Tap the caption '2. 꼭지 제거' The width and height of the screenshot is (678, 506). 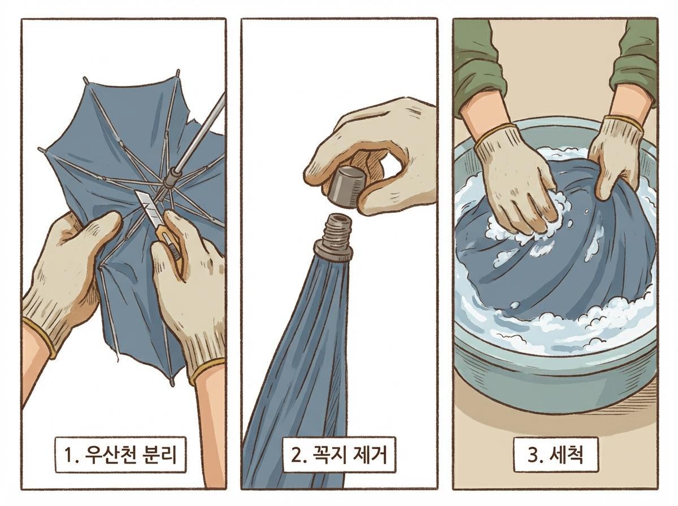[340, 454]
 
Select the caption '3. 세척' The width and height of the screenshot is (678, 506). [555, 454]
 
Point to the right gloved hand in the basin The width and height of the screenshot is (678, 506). [616, 152]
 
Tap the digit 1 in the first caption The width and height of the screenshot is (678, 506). [70, 454]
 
